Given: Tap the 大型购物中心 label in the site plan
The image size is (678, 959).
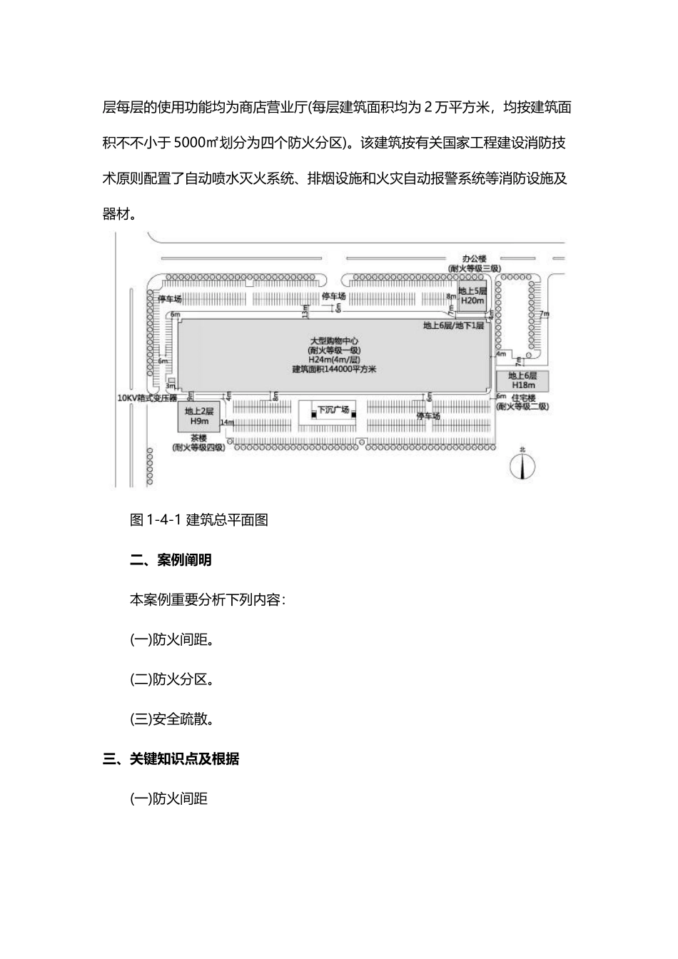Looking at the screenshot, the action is (334, 342).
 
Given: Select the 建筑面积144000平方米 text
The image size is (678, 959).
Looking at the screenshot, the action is (334, 369).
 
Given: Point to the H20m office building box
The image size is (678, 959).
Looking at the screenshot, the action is (472, 296).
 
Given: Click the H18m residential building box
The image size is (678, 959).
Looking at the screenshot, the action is (522, 380).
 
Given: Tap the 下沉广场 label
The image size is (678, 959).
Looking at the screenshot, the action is (333, 410).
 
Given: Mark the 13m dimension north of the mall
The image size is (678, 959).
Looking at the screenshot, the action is (305, 311).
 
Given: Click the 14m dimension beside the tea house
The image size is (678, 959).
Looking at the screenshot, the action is (227, 422).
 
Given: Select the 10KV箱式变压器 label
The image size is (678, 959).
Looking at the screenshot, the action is (148, 398).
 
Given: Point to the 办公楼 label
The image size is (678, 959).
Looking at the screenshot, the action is (474, 258).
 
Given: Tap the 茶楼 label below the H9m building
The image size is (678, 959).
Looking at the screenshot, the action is (198, 438).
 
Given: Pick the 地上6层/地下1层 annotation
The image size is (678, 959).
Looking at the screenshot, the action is (454, 325).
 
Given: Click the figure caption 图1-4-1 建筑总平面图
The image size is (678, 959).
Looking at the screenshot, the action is (199, 520).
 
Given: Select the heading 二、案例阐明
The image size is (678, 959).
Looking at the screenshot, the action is (171, 560).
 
